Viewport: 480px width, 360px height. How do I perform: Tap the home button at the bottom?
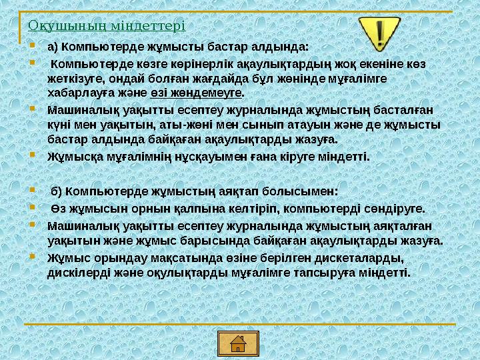(x=237, y=343)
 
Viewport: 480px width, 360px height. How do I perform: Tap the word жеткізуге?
(x=73, y=79)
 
